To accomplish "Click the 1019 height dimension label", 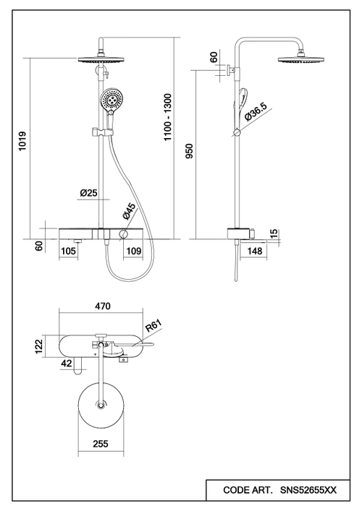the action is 22,141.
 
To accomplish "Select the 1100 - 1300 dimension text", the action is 167,117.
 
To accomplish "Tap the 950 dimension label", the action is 189,151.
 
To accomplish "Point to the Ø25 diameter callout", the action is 89,192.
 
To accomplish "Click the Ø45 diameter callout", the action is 129,211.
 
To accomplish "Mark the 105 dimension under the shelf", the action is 68,251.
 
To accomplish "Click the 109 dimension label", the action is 133,251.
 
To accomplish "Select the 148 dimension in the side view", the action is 255,251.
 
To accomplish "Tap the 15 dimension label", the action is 274,233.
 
